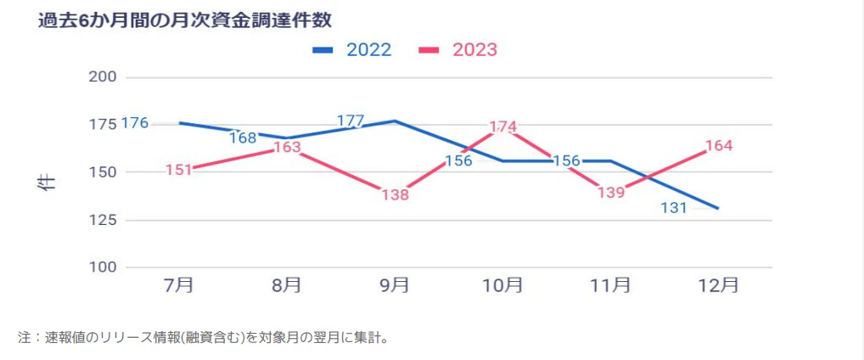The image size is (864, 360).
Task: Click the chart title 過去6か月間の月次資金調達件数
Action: click(178, 20)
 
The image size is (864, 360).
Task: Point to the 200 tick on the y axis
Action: click(103, 77)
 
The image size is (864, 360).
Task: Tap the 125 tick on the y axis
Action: click(103, 220)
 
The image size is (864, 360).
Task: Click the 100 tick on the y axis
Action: click(103, 267)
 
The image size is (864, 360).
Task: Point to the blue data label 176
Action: click(135, 123)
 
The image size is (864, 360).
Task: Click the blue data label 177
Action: click(351, 121)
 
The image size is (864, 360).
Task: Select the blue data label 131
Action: click(674, 208)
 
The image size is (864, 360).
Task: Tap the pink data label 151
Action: click(180, 170)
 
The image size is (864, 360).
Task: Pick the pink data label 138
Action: click(395, 195)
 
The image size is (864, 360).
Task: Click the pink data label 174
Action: click(503, 127)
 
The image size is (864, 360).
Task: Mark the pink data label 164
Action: click(718, 145)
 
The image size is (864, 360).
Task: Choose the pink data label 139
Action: click(610, 193)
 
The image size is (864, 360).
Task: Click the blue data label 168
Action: click(243, 138)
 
